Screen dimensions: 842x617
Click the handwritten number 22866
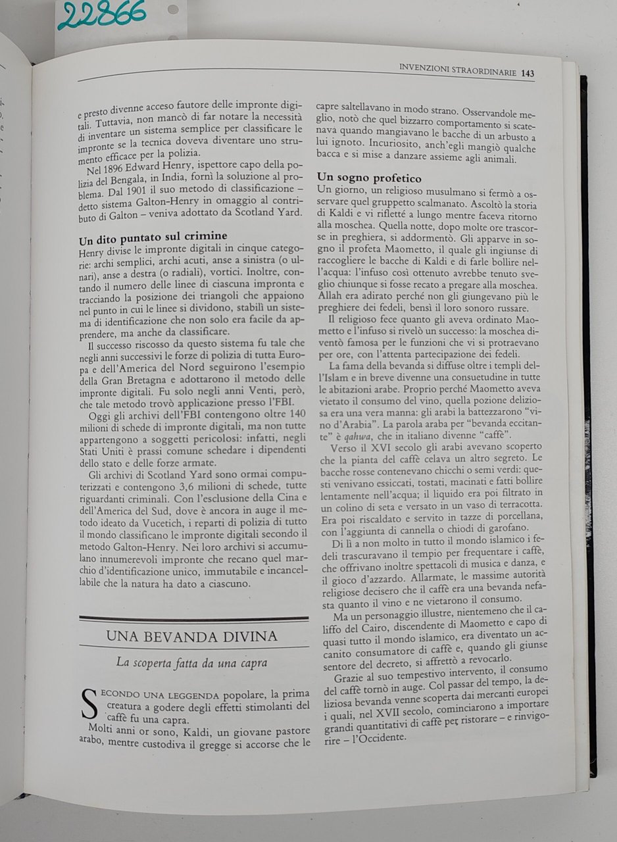pyautogui.click(x=101, y=15)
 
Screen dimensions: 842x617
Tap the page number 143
pyautogui.click(x=527, y=73)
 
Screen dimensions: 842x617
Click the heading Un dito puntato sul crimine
pyautogui.click(x=153, y=235)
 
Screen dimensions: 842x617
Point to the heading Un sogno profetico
pyautogui.click(x=369, y=178)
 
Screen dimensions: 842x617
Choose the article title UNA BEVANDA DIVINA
pyautogui.click(x=191, y=636)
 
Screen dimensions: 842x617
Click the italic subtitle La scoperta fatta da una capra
pyautogui.click(x=191, y=663)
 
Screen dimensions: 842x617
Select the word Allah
pyautogui.click(x=330, y=296)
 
